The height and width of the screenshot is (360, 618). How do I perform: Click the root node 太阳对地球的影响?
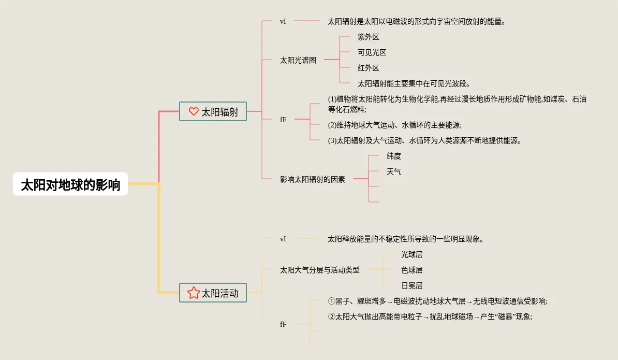click(70, 184)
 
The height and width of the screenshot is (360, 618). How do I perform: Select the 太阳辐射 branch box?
click(213, 111)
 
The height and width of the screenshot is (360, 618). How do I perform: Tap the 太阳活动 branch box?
click(213, 293)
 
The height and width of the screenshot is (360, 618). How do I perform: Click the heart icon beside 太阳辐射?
click(194, 111)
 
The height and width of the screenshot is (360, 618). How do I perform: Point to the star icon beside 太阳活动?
click(194, 293)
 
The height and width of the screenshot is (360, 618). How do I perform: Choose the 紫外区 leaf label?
click(369, 37)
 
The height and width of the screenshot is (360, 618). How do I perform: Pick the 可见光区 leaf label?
click(372, 52)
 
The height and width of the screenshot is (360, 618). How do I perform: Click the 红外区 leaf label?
click(369, 68)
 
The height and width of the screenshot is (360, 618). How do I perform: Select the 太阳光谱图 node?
click(298, 60)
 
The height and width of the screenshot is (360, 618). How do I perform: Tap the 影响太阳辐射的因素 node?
click(313, 179)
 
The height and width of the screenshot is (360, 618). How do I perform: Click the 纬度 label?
click(394, 156)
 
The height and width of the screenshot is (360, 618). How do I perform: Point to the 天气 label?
click(394, 171)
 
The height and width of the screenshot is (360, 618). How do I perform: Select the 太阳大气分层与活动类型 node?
click(320, 270)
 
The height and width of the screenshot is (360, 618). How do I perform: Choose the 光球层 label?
click(412, 254)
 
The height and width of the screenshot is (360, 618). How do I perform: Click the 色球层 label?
click(412, 270)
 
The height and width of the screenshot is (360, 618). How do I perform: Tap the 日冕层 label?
click(412, 285)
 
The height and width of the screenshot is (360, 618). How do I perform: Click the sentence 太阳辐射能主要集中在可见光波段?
click(414, 83)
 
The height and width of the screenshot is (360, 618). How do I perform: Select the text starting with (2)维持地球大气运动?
click(394, 125)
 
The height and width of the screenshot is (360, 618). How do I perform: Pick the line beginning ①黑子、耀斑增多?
click(437, 301)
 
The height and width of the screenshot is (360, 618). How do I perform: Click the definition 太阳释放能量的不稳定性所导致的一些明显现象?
click(406, 239)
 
